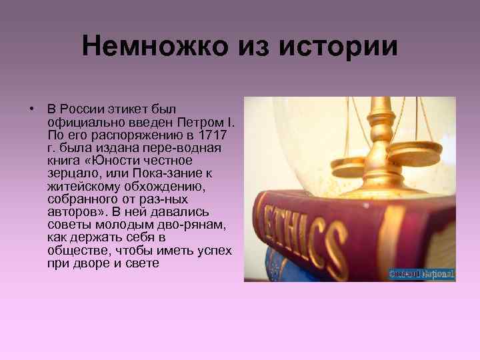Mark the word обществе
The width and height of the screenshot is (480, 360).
click(x=74, y=250)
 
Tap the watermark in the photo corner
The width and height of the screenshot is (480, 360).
click(x=421, y=273)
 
